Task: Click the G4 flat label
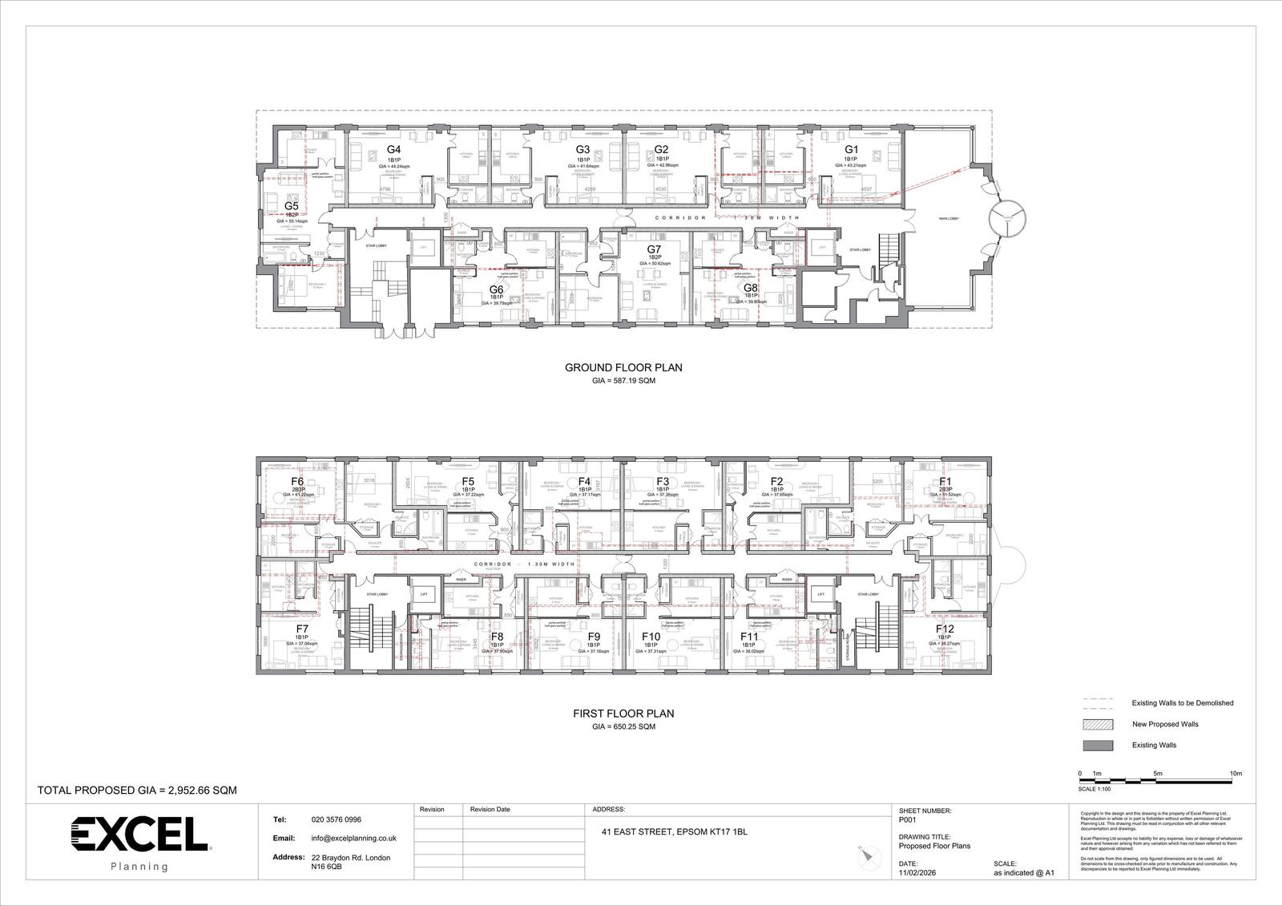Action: [393, 150]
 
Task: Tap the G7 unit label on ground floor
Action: [654, 249]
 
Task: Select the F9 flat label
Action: [593, 637]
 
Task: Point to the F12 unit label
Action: [945, 629]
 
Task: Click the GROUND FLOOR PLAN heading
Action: [623, 368]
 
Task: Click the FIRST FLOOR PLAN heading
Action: [623, 713]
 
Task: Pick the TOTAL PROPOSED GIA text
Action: [137, 790]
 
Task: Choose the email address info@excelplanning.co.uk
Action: [353, 838]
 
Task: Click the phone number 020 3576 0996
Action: [336, 820]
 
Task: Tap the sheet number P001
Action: [909, 820]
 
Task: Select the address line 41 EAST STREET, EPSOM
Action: [674, 832]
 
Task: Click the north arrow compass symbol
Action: [864, 855]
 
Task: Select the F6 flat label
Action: [296, 482]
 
